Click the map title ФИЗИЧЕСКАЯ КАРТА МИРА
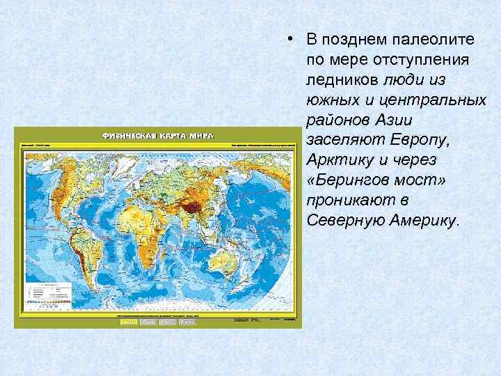[158, 135]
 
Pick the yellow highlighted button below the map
[129, 322]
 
